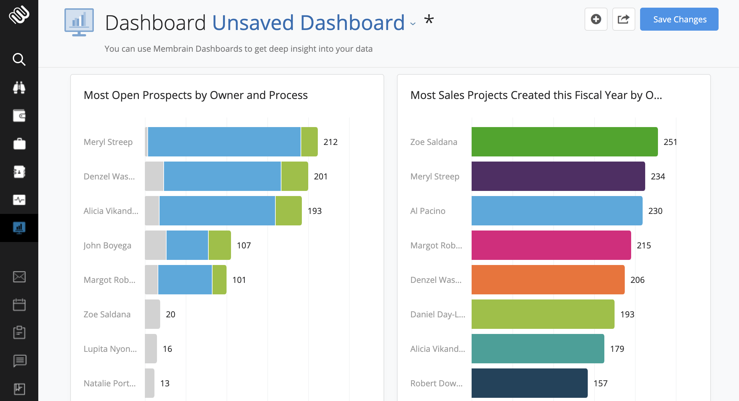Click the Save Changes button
point(679,19)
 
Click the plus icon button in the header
point(596,19)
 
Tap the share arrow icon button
point(623,19)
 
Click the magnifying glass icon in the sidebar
point(19,59)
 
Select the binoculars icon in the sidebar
point(19,87)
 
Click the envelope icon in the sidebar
point(19,277)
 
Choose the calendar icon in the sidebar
point(19,305)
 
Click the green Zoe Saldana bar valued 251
point(564,142)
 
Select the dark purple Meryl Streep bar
point(558,176)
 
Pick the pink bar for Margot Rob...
point(551,245)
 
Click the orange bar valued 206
point(548,280)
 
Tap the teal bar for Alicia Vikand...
point(537,349)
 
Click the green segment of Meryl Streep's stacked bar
point(309,142)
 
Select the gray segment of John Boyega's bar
point(155,245)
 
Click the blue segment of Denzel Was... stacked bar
point(222,176)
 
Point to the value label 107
point(244,246)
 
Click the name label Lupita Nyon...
point(110,349)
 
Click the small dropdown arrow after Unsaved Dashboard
point(413,24)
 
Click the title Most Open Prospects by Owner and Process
point(196,95)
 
